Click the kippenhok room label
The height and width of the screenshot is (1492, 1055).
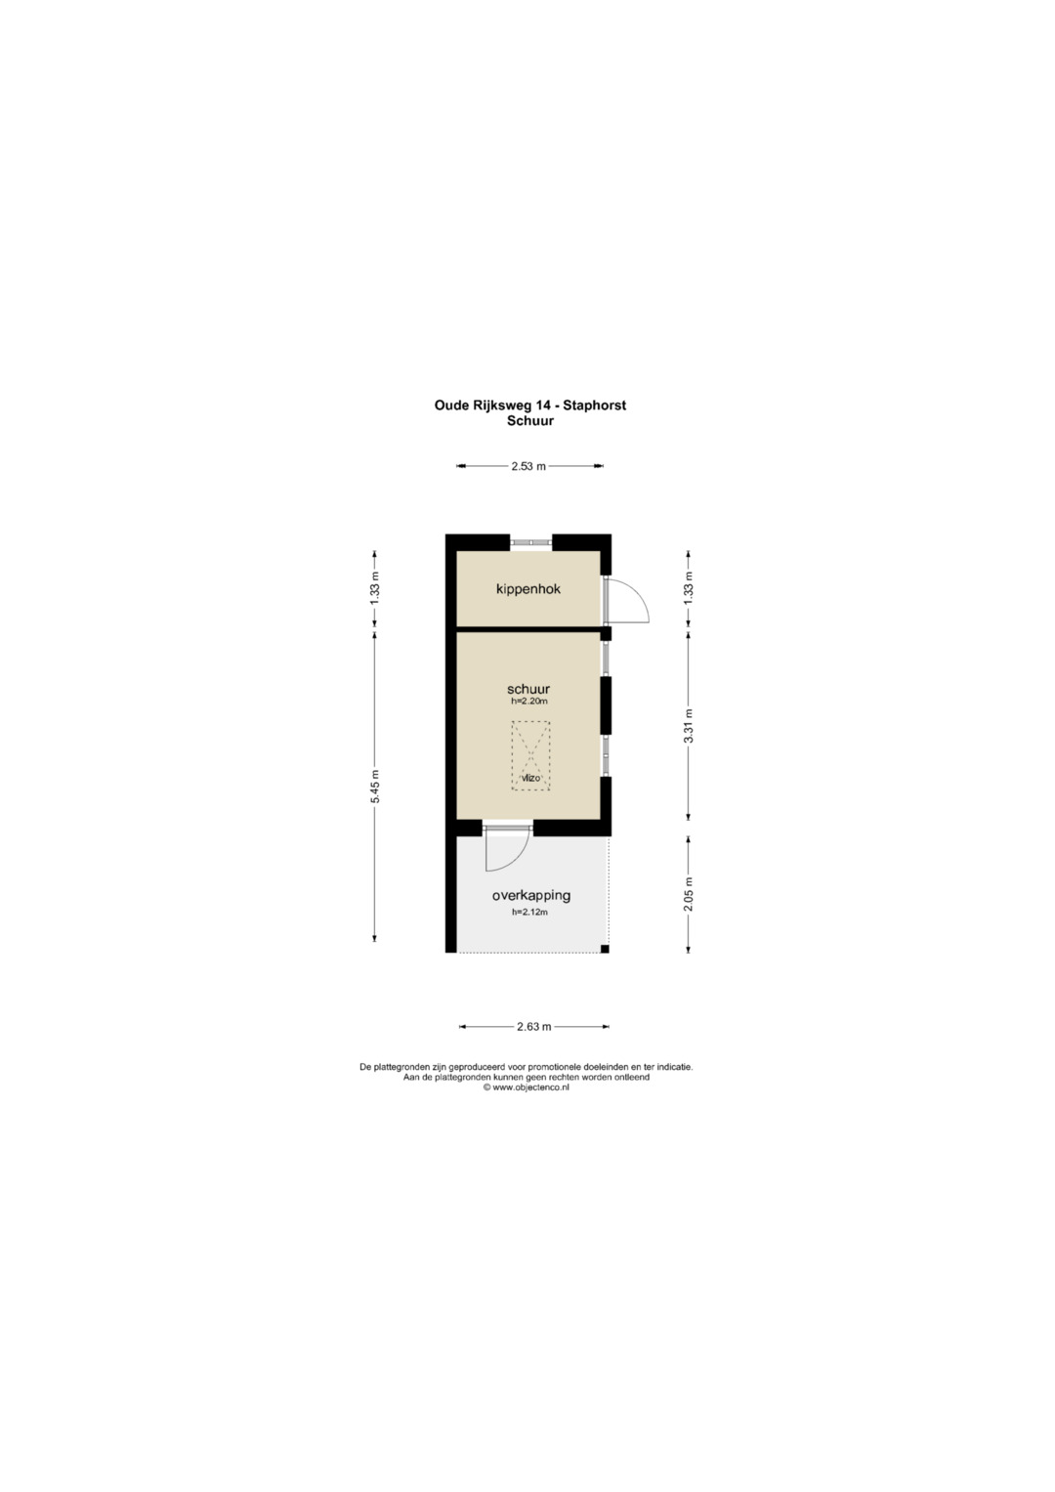pyautogui.click(x=528, y=589)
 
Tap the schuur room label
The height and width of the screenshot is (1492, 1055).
pyautogui.click(x=528, y=690)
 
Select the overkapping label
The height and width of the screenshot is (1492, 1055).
pyautogui.click(x=530, y=896)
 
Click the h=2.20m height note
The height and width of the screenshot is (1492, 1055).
pyautogui.click(x=528, y=702)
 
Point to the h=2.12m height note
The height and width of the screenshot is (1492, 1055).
pyautogui.click(x=529, y=913)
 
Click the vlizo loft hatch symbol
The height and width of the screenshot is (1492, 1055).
pyautogui.click(x=530, y=756)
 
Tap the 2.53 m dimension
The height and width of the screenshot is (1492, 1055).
pyautogui.click(x=529, y=466)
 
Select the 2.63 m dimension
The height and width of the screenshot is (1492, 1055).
pyautogui.click(x=534, y=1026)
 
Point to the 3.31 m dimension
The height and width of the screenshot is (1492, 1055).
pyautogui.click(x=688, y=726)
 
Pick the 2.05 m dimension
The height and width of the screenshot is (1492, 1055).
pyautogui.click(x=688, y=895)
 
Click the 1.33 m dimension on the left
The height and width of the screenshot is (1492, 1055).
pyautogui.click(x=374, y=589)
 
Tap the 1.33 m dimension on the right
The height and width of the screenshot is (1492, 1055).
pyautogui.click(x=688, y=589)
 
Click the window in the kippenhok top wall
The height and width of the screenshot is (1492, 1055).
pyautogui.click(x=530, y=543)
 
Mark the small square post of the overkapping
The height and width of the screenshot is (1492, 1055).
pyautogui.click(x=605, y=949)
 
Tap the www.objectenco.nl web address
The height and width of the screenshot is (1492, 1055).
pyautogui.click(x=530, y=1087)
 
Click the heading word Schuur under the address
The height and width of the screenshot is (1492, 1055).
pyautogui.click(x=530, y=421)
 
